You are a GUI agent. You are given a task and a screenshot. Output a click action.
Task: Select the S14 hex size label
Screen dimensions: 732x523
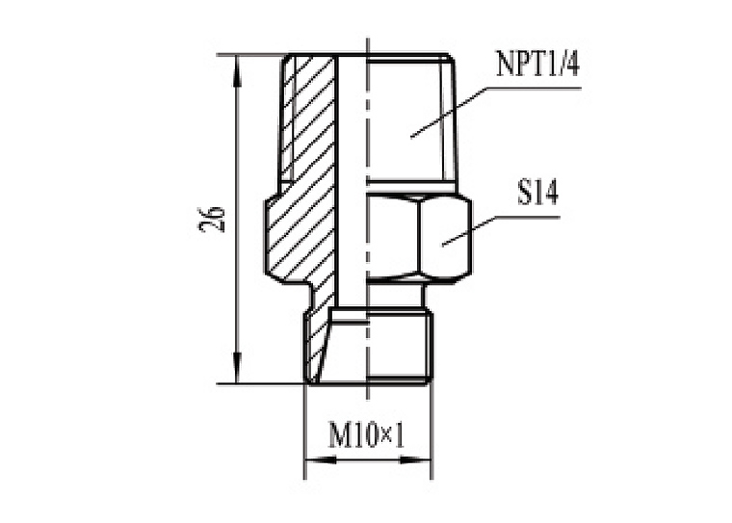click(x=537, y=192)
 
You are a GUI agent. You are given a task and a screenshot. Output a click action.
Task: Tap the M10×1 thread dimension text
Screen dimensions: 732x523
click(x=367, y=434)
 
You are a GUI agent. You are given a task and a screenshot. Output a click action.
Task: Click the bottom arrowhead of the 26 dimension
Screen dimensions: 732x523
click(x=238, y=369)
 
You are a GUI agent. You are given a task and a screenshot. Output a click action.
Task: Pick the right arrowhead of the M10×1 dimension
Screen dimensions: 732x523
click(x=415, y=460)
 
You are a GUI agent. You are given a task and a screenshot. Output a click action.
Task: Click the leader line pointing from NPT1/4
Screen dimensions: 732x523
click(x=496, y=112)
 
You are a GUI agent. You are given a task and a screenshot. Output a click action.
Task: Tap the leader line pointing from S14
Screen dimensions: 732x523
click(x=501, y=230)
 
